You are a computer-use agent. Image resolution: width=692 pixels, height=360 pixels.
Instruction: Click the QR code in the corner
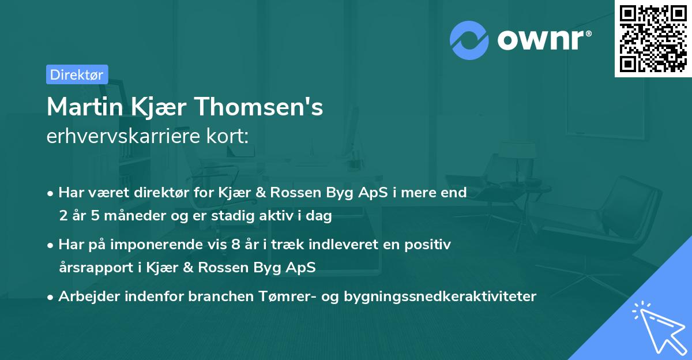(x=653, y=39)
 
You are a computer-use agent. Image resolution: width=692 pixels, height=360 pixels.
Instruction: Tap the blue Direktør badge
(x=77, y=74)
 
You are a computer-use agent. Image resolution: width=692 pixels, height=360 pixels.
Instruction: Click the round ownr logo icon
(x=469, y=40)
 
